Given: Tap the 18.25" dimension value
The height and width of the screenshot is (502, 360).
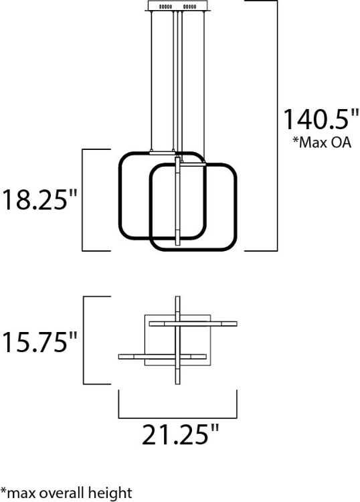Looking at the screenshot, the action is (39, 199).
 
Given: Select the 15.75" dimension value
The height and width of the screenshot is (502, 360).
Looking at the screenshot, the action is (39, 342).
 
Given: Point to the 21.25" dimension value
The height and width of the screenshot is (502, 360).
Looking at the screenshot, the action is (180, 434).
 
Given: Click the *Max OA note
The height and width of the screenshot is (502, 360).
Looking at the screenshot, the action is (322, 142).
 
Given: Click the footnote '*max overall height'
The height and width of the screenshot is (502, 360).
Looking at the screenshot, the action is (66, 493).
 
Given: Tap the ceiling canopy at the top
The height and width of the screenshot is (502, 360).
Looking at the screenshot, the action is (177, 6).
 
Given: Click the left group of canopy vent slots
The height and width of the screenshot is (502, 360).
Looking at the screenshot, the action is (165, 7).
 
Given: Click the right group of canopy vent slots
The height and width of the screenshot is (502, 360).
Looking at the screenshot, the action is (190, 7).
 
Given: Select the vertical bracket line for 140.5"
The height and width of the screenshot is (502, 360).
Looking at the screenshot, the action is (277, 126).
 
